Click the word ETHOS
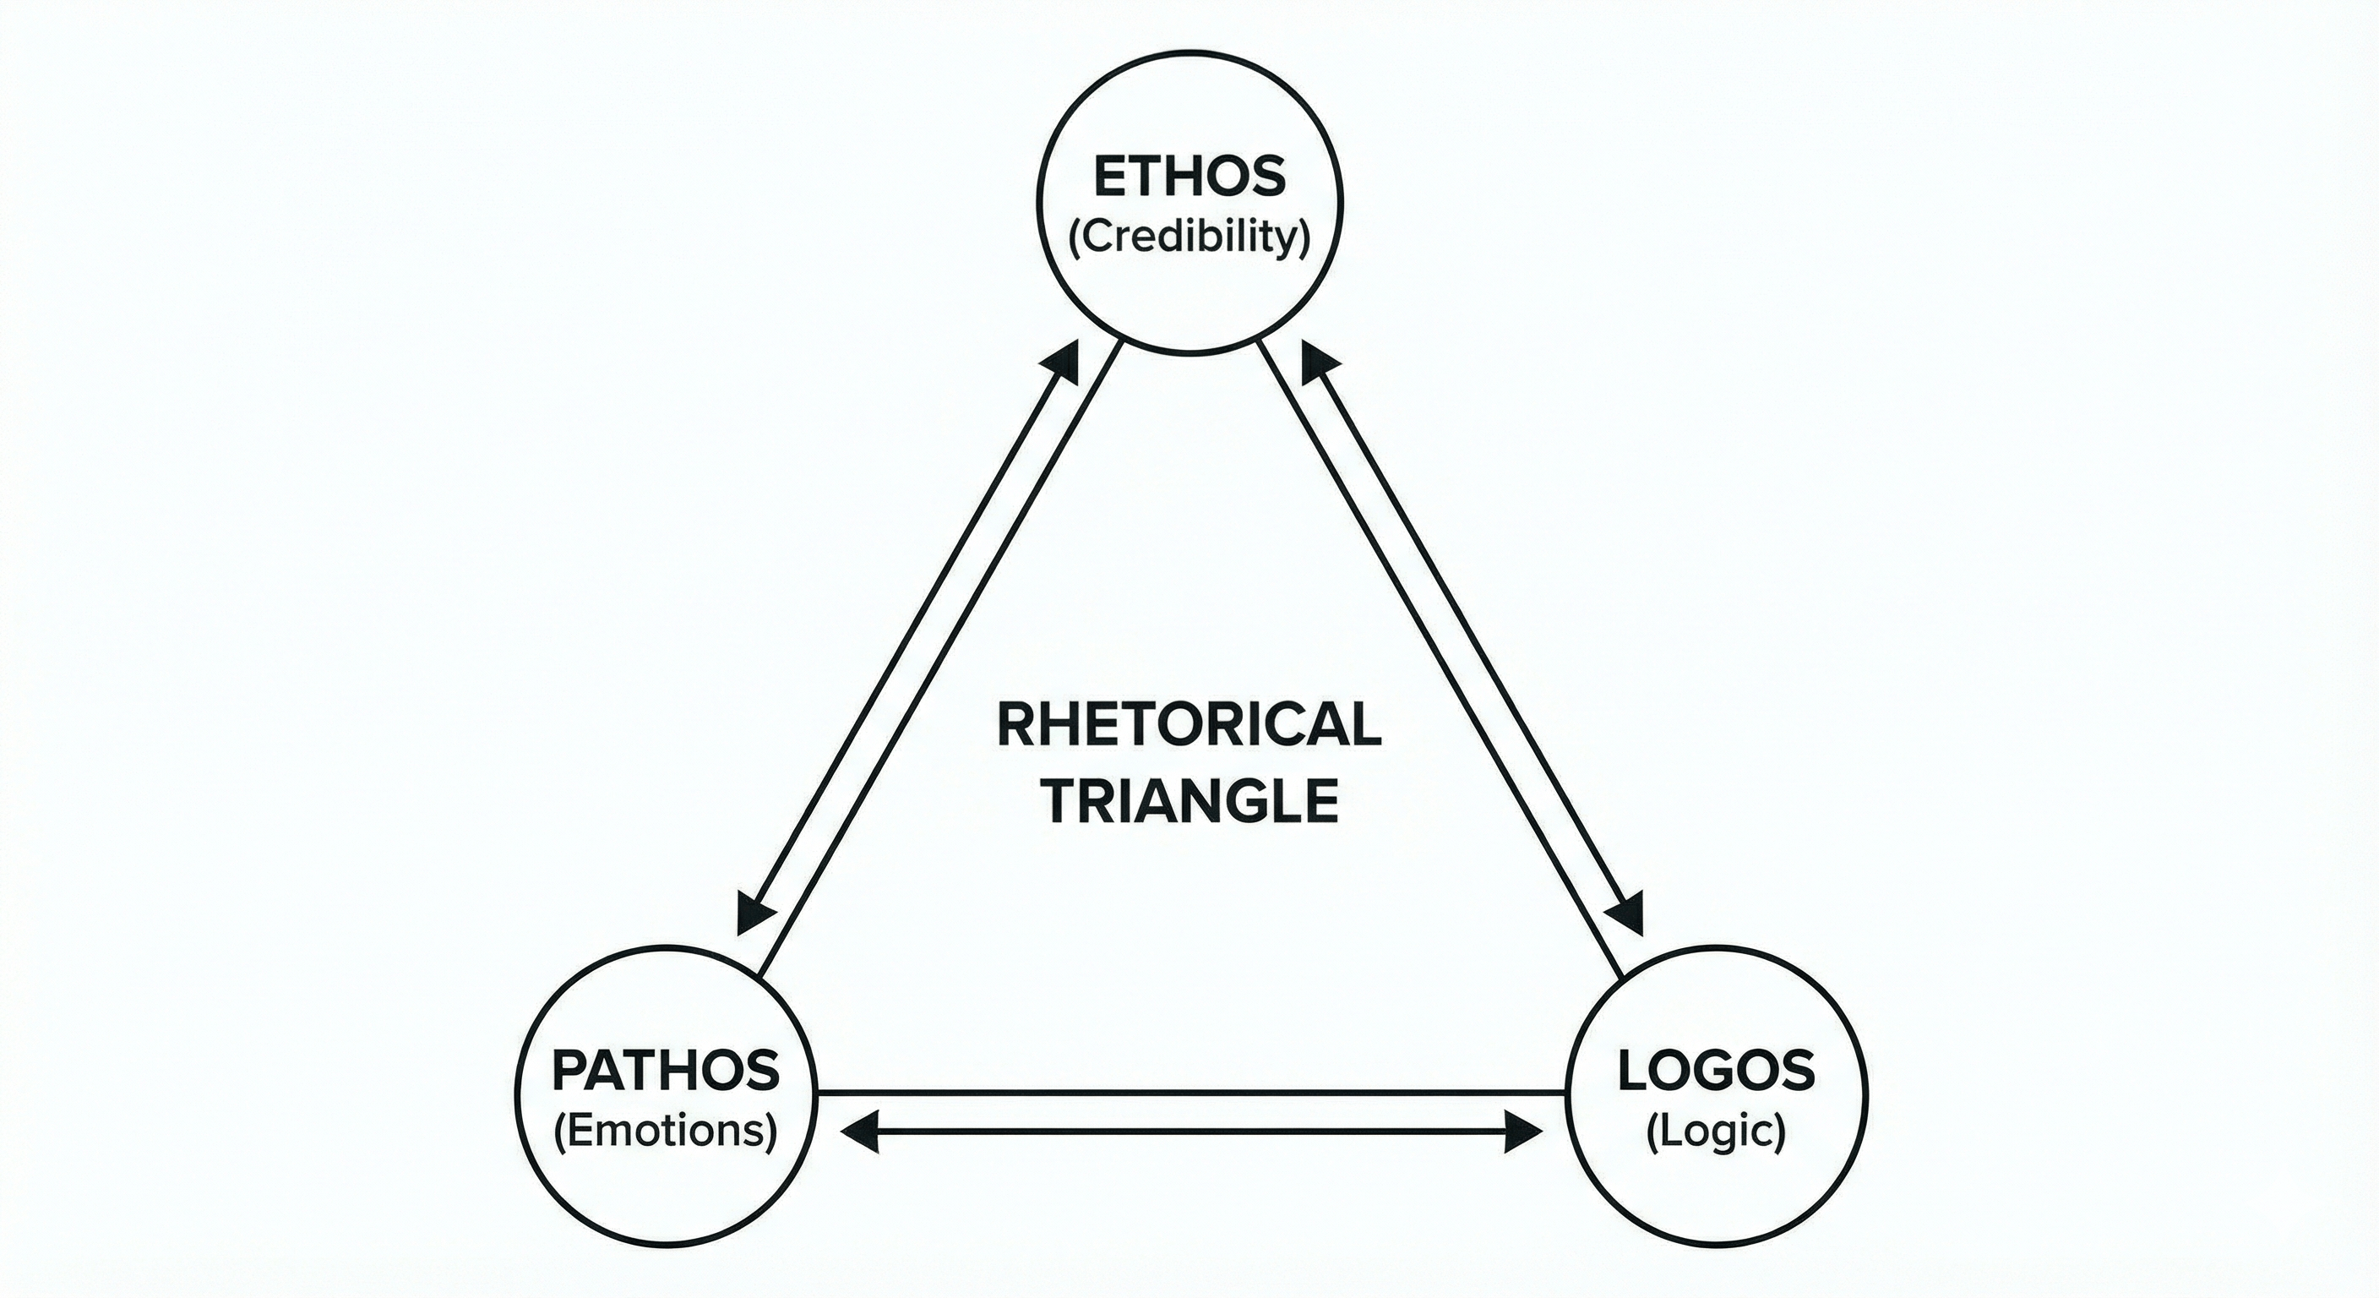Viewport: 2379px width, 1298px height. [x=1189, y=177]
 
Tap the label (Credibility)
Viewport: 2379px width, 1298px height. [x=1189, y=238]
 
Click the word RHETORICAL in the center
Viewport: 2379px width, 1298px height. [x=1189, y=725]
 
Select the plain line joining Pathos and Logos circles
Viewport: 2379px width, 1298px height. [x=1191, y=1093]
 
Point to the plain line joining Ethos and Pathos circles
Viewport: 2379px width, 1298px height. [x=942, y=656]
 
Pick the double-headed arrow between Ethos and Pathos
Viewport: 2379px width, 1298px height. [x=910, y=637]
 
